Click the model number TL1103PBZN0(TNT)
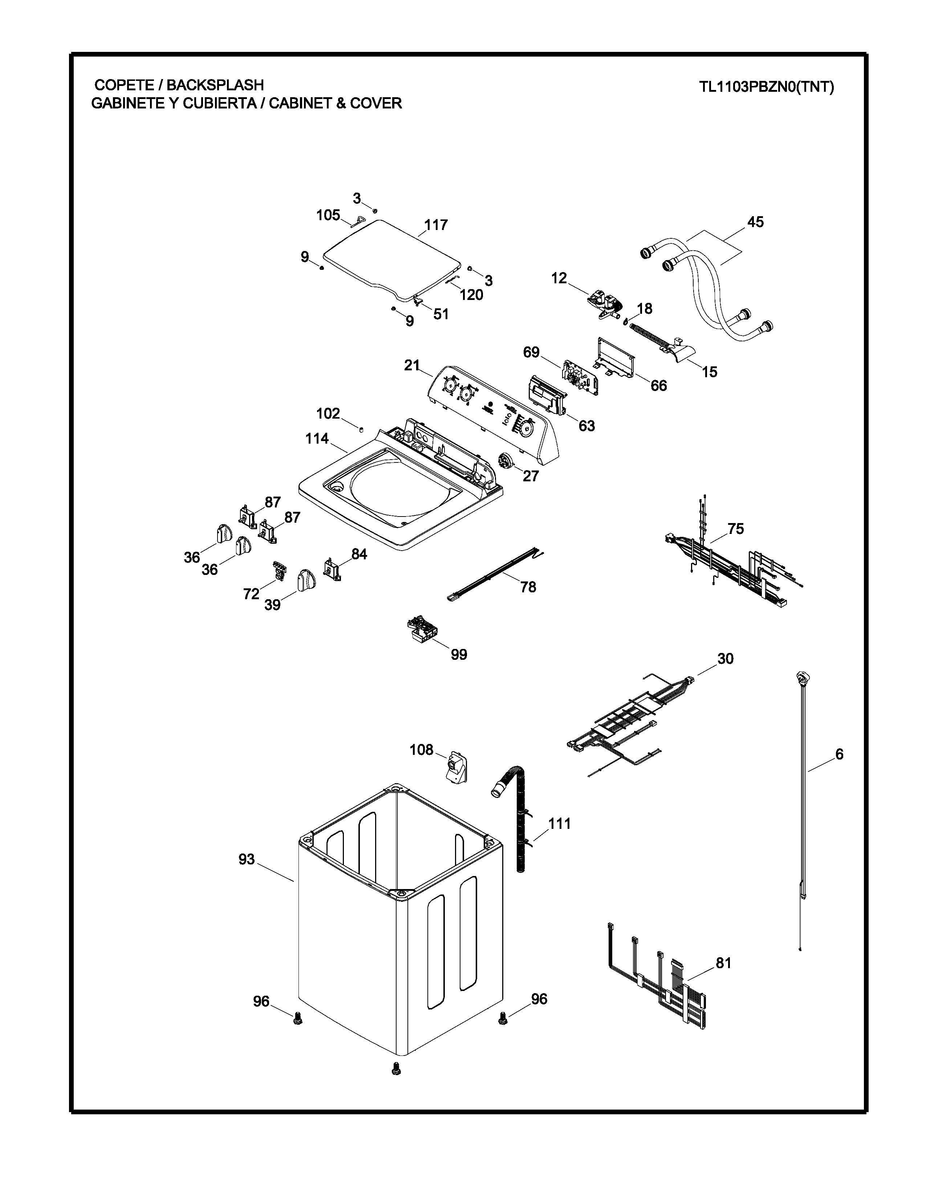tap(766, 87)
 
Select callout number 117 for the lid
tap(435, 225)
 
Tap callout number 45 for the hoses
tap(755, 222)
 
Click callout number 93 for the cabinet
tap(246, 859)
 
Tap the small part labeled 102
tap(361, 428)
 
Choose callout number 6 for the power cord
tap(839, 754)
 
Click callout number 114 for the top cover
tap(317, 439)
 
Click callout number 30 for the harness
tap(725, 659)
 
